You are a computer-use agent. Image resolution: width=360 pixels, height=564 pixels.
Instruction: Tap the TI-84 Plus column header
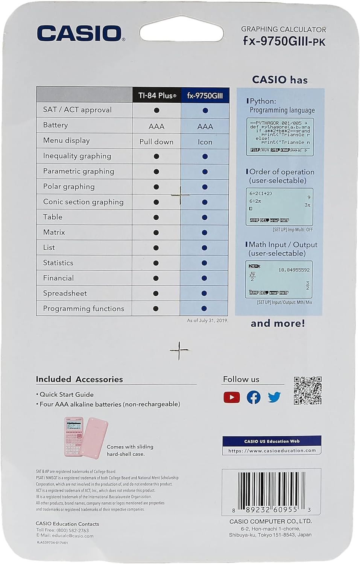click(x=157, y=96)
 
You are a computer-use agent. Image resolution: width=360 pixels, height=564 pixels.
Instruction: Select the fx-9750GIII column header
click(x=205, y=96)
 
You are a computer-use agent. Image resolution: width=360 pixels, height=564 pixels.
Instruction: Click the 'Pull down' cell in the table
click(x=156, y=142)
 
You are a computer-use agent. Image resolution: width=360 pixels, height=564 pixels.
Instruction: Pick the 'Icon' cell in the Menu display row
click(x=205, y=142)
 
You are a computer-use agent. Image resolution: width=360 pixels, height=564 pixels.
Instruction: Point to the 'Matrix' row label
click(x=54, y=232)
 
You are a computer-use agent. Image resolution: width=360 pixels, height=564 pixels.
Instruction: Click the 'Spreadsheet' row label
click(x=65, y=293)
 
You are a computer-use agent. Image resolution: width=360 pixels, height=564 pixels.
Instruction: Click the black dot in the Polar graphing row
click(x=156, y=187)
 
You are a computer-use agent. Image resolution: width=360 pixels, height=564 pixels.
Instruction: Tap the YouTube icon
click(x=231, y=397)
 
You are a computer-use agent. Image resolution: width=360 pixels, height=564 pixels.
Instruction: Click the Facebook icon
click(x=254, y=397)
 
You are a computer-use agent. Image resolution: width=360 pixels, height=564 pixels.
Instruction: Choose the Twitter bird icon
click(x=275, y=397)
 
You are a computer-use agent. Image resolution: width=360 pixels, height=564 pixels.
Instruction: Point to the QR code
click(x=307, y=390)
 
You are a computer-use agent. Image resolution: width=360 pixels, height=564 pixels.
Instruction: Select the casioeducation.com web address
click(x=272, y=450)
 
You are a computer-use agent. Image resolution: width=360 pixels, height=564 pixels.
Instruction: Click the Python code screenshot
click(x=280, y=137)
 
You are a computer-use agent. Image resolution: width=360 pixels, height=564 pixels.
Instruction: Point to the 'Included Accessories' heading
click(x=79, y=379)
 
